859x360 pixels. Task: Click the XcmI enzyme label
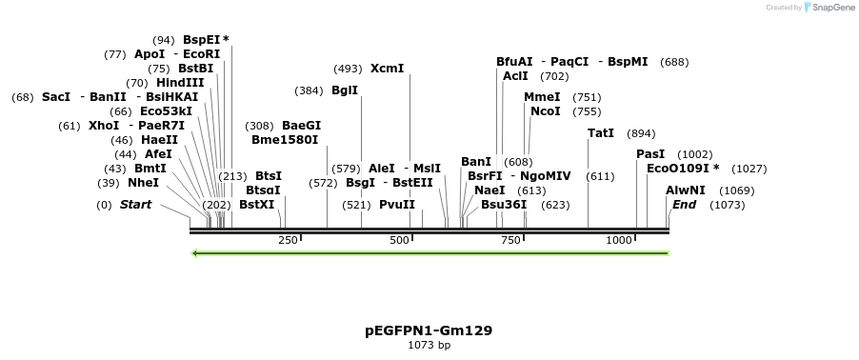tap(387, 69)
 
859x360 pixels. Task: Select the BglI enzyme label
tap(345, 90)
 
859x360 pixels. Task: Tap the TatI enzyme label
tap(601, 133)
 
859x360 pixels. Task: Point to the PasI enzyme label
tap(650, 154)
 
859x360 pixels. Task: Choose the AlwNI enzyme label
tap(686, 190)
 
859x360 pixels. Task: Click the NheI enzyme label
tap(143, 183)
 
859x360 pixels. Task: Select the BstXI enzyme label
tap(256, 204)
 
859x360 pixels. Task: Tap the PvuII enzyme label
tap(397, 204)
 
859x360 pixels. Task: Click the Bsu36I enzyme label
tap(504, 204)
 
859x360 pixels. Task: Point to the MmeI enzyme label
tap(542, 97)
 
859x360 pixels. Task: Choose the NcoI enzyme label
tap(546, 111)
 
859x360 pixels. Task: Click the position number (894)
tap(641, 133)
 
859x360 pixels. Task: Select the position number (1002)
tap(694, 154)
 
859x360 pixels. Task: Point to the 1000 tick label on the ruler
tap(619, 240)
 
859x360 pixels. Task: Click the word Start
tap(135, 205)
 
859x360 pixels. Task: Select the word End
tap(684, 205)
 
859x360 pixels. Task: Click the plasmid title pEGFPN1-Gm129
tap(429, 330)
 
